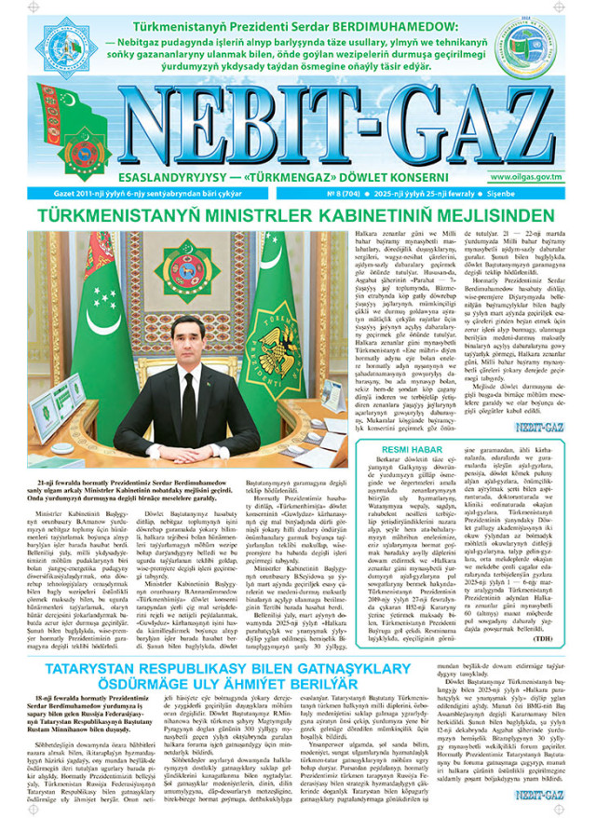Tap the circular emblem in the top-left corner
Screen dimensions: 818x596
[x=72, y=48]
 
